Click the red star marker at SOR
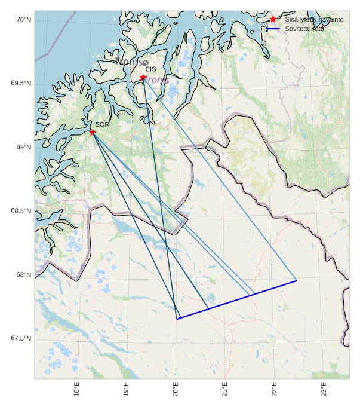(93, 132)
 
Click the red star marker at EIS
(143, 78)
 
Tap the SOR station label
(102, 124)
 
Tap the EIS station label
(150, 69)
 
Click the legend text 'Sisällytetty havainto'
(314, 20)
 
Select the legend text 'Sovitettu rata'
(304, 29)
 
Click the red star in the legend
(273, 19)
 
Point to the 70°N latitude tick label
(23, 20)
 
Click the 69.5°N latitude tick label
(21, 84)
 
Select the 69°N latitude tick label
(23, 148)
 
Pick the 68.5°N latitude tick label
(21, 211)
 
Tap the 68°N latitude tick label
(23, 275)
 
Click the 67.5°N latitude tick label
(21, 339)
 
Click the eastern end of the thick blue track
(296, 280)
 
